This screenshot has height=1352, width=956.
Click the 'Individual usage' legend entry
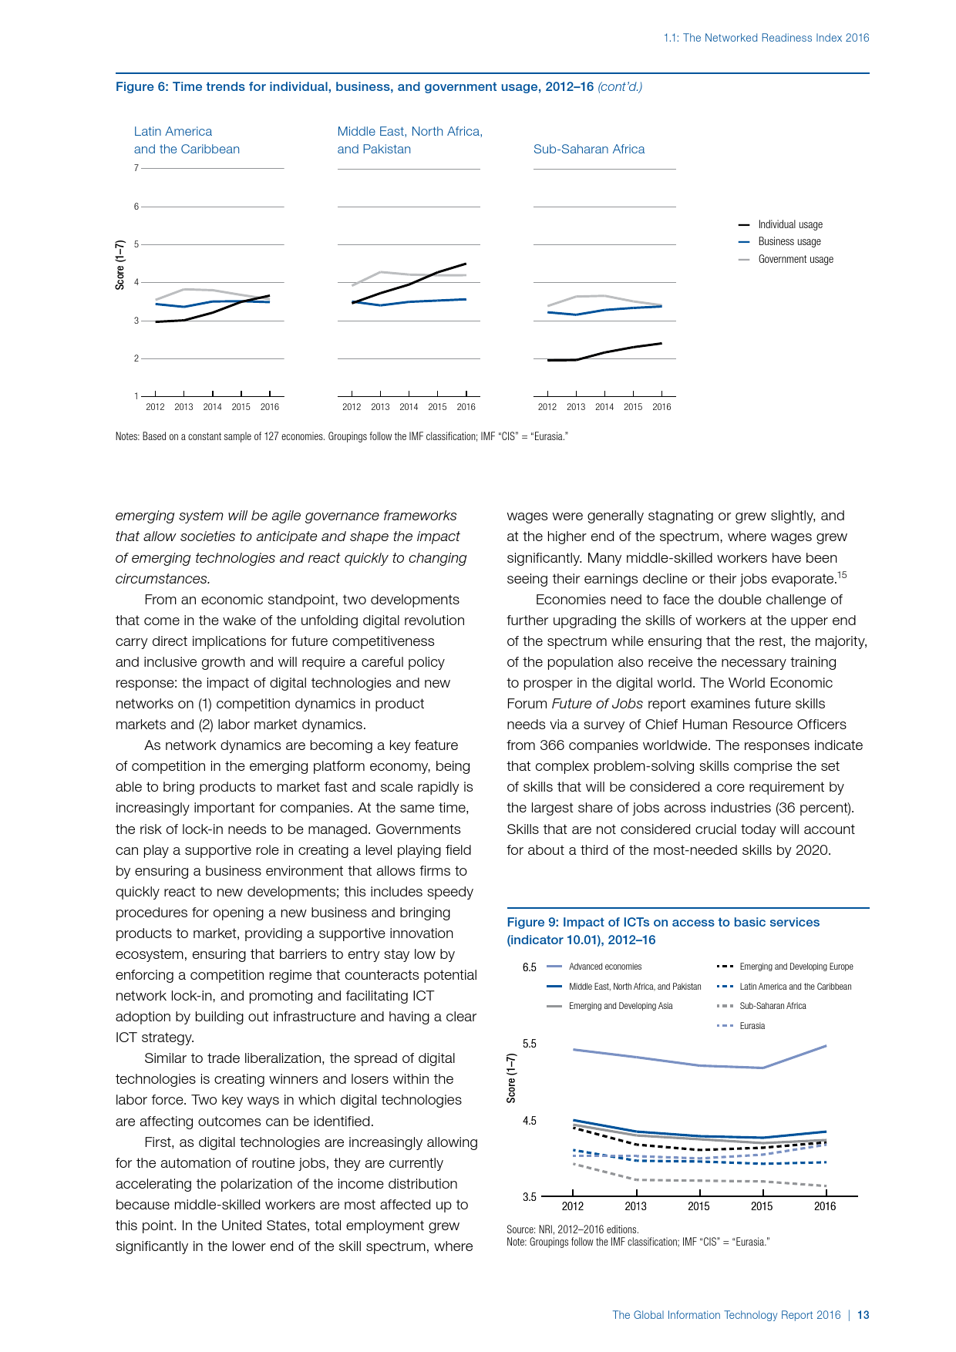pyautogui.click(x=789, y=224)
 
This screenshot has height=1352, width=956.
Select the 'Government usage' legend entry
pyautogui.click(x=795, y=259)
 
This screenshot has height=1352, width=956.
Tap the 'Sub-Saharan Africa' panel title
pyautogui.click(x=589, y=149)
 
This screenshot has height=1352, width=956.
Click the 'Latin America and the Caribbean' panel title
pyautogui.click(x=187, y=140)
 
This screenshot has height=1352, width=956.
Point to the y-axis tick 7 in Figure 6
pyautogui.click(x=136, y=168)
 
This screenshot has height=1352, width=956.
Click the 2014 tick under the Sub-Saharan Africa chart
pyautogui.click(x=604, y=407)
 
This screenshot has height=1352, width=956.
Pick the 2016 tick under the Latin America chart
pyautogui.click(x=270, y=407)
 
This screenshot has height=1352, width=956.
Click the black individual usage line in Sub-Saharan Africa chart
pyautogui.click(x=605, y=352)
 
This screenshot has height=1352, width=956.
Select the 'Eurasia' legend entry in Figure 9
pyautogui.click(x=752, y=1026)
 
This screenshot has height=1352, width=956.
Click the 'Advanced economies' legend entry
pyautogui.click(x=605, y=967)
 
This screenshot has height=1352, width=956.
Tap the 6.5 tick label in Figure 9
pyautogui.click(x=529, y=967)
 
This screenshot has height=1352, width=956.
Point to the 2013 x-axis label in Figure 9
pyautogui.click(x=635, y=1206)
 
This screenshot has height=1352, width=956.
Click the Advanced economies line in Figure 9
pyautogui.click(x=698, y=1065)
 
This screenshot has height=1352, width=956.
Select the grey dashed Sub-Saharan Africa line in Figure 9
pyautogui.click(x=698, y=1181)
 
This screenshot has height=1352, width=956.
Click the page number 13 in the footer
pyautogui.click(x=863, y=1315)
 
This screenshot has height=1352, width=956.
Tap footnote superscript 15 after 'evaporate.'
pyautogui.click(x=842, y=574)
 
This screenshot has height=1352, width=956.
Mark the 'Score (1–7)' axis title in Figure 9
pyautogui.click(x=511, y=1078)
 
